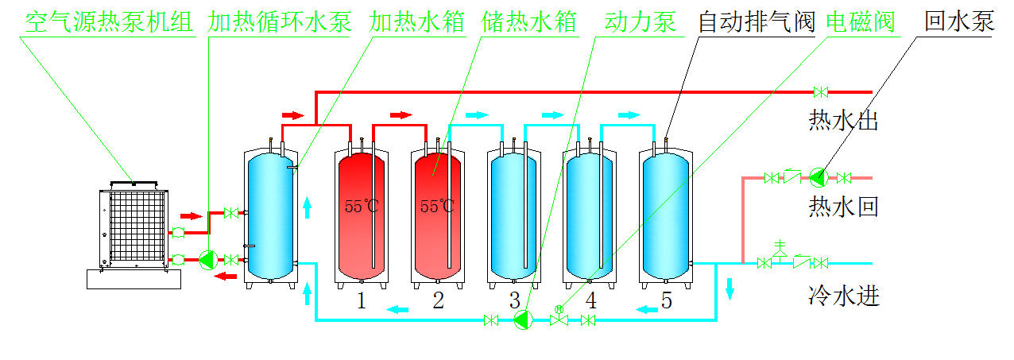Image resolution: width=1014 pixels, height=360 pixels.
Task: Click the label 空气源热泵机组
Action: coord(110,21)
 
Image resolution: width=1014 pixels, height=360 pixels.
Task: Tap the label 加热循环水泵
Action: coord(280,21)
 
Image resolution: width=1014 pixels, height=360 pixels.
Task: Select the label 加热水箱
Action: coord(416,21)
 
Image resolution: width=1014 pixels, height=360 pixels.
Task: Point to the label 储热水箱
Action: coord(528,21)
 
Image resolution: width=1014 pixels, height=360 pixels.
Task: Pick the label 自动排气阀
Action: coord(757,21)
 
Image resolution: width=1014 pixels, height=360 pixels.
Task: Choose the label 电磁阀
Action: coord(861,21)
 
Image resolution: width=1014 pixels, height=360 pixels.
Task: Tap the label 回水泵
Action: coord(959,21)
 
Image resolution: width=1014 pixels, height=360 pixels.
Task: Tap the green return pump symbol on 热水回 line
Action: coord(819,177)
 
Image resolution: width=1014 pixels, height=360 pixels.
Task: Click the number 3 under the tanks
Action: coord(515,300)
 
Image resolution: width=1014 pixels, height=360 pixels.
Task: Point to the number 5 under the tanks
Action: coord(666,300)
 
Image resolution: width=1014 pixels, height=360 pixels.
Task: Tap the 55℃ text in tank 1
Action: coord(362,207)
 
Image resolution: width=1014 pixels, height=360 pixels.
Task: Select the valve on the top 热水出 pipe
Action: coord(823,91)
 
